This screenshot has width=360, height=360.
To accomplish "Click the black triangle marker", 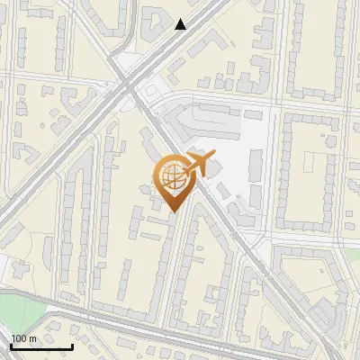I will tap(181, 24).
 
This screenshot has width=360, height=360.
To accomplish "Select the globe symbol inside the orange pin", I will tap(171, 177).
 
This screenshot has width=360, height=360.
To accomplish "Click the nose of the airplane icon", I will tap(212, 157).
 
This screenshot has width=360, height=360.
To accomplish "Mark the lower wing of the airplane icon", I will tap(197, 174).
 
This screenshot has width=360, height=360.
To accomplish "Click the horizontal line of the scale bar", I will tap(41, 347).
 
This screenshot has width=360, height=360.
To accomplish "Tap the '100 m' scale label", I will tap(23, 338).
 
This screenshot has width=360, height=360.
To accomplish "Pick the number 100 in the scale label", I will tap(19, 338).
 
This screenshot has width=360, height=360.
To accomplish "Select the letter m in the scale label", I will tap(32, 338).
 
